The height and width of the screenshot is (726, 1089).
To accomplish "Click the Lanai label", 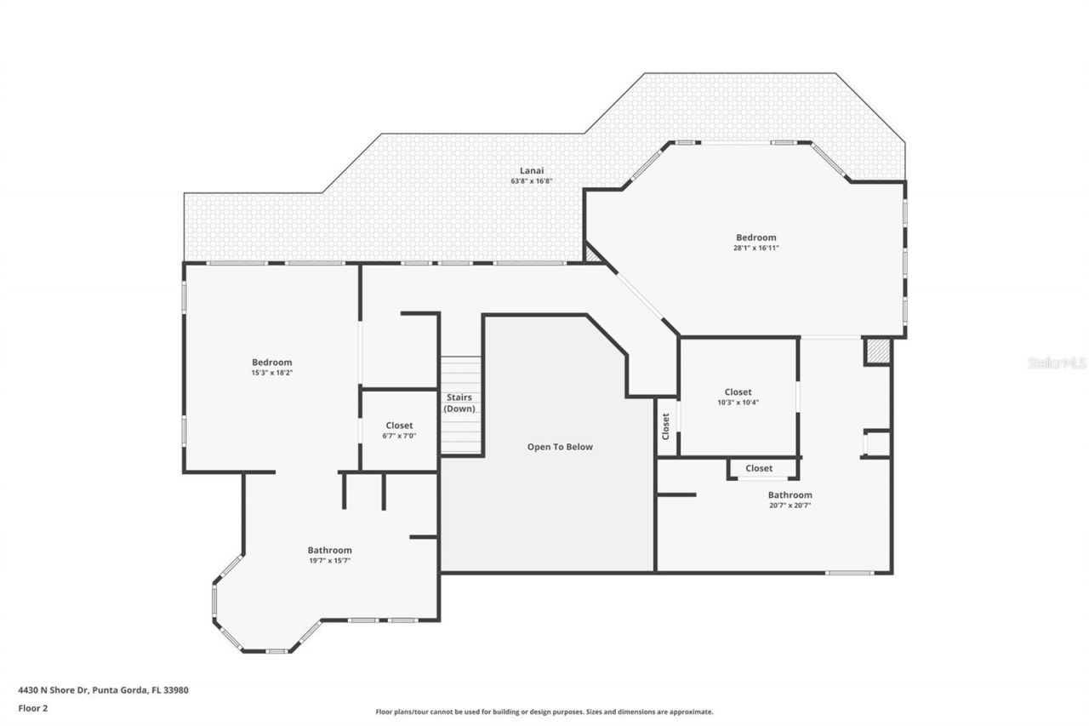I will click(x=532, y=170).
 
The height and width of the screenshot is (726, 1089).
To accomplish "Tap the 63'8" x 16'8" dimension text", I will click(x=532, y=181).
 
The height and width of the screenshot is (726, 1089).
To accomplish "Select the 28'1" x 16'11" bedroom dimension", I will click(x=756, y=248).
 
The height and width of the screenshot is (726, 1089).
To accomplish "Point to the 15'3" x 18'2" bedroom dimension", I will click(x=271, y=372).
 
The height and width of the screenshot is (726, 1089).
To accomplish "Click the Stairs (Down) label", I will click(x=459, y=403).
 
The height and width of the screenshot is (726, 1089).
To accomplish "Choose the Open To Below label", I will click(x=560, y=447).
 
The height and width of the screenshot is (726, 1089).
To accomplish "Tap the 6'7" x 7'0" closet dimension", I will click(x=399, y=436).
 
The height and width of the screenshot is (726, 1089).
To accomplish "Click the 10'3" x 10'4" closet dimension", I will click(x=738, y=403).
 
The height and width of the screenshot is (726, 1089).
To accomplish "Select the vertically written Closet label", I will click(x=666, y=426).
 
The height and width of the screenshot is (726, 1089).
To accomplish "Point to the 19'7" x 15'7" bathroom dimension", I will click(x=329, y=561).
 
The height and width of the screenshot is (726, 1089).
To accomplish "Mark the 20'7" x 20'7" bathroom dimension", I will click(x=790, y=505).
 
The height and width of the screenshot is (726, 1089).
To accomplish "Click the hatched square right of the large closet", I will click(x=878, y=352).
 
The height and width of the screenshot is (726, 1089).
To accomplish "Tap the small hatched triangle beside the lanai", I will click(x=591, y=254).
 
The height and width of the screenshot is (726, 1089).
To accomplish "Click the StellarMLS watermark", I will click(x=1057, y=363).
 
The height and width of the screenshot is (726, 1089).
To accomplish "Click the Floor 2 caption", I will click(x=33, y=707).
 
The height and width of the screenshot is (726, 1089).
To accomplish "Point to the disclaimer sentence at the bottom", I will click(x=544, y=712).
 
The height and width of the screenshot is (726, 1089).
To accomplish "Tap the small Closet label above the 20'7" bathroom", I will click(x=759, y=468).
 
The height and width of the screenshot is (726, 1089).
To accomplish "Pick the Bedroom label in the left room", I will click(x=271, y=362).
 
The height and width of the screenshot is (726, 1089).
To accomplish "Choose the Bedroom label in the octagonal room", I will click(x=756, y=237).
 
